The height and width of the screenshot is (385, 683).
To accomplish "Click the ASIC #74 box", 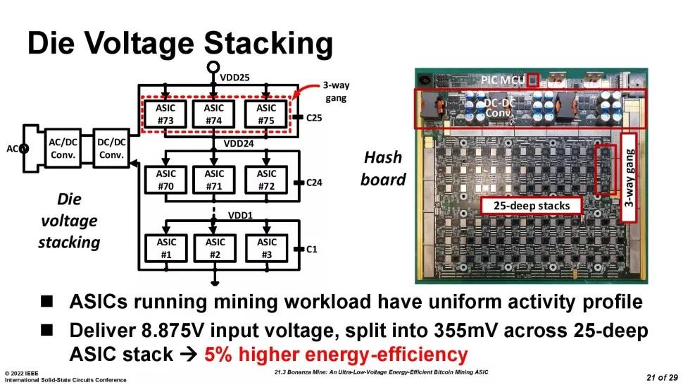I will click(x=214, y=114).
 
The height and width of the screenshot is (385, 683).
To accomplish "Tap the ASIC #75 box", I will click(x=266, y=114).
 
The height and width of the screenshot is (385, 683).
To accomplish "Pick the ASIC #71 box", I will click(x=214, y=180).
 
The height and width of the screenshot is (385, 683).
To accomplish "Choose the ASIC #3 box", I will click(x=266, y=248).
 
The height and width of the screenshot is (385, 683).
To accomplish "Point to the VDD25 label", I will click(x=234, y=76).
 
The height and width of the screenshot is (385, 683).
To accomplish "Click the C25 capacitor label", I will click(x=314, y=116).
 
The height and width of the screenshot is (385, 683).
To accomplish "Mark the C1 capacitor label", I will click(x=311, y=248).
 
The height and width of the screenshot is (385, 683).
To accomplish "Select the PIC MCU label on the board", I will click(x=502, y=80).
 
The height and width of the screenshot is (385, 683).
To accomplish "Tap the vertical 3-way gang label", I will click(x=631, y=172).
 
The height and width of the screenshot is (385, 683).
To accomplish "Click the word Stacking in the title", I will click(x=268, y=44).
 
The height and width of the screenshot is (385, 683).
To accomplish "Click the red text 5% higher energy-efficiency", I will click(x=336, y=353).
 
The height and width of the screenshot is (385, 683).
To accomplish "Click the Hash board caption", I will click(x=383, y=169).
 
